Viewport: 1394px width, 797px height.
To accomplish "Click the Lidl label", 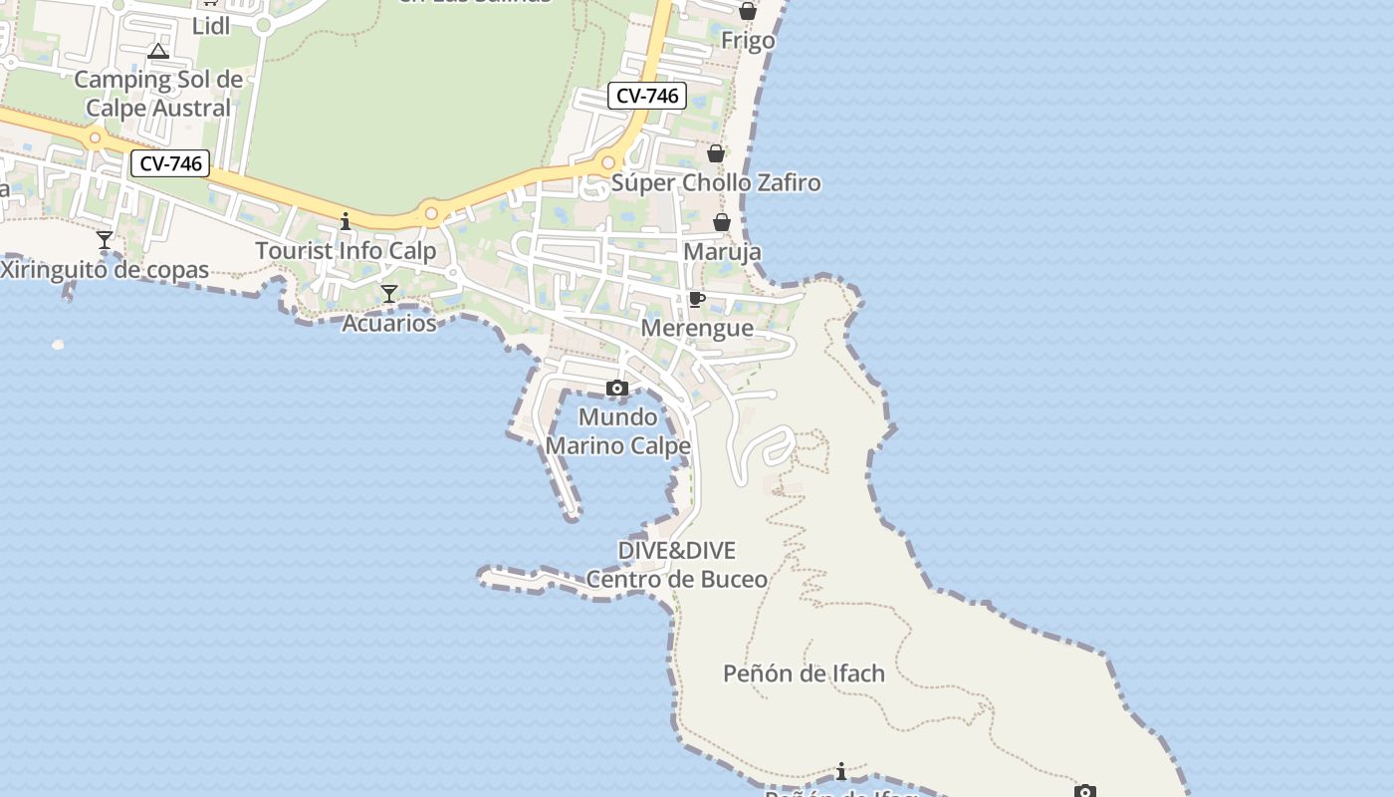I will [210, 26].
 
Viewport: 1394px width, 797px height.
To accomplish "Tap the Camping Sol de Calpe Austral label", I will [158, 93].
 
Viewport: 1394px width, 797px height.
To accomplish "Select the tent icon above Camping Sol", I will [157, 51].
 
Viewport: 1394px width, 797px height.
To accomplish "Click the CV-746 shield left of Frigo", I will [647, 96].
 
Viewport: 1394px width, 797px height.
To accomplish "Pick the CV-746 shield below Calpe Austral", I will [170, 163].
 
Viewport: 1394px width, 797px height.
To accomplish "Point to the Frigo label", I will [748, 41].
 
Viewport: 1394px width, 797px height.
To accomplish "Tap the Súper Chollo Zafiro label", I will [716, 182].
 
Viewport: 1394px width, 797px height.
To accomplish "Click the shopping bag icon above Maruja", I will [722, 221].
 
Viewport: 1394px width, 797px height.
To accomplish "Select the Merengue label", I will [697, 328].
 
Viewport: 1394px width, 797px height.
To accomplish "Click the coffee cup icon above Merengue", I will [697, 299].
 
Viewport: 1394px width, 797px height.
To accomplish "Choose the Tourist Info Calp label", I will [346, 250].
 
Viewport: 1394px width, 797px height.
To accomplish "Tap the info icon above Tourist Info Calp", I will [346, 221].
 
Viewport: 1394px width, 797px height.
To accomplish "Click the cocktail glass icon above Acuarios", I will [389, 293].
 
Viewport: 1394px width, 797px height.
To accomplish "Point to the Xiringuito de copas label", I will [104, 270].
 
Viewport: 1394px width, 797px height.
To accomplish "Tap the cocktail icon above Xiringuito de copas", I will [104, 240].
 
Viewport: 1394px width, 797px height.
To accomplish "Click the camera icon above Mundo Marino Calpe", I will [617, 388].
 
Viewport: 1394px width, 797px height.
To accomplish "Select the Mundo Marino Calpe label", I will [617, 430].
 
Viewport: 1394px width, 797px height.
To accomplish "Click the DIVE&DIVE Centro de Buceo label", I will [677, 565].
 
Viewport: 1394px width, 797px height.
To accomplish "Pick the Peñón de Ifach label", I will [804, 673].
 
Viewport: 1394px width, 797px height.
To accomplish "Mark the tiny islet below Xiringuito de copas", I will [58, 345].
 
